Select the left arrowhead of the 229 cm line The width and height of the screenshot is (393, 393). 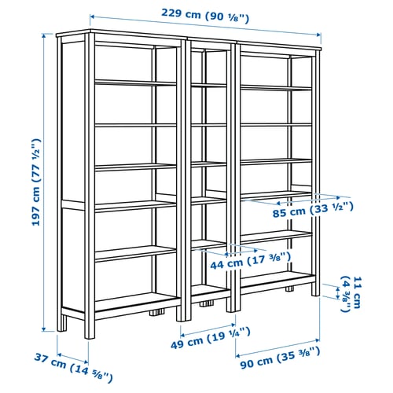tap(92, 15)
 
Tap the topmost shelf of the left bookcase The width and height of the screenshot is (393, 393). tap(134, 81)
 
